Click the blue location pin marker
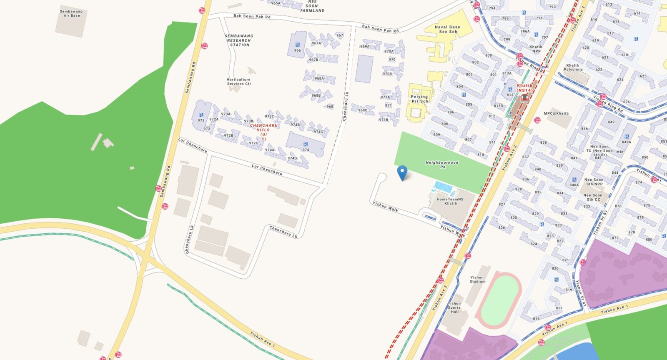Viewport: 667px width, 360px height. pos(402,172)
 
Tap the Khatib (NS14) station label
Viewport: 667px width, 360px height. pos(524,88)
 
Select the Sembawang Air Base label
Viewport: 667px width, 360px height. pos(71,13)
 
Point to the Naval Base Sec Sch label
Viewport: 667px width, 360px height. pos(447,29)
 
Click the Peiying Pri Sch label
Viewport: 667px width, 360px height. pos(419,99)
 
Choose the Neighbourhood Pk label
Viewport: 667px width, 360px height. pos(442,165)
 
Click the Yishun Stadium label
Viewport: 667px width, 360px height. pos(477,279)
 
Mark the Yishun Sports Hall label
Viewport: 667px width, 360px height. pos(454,307)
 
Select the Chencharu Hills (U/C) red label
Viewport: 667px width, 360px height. pos(263,132)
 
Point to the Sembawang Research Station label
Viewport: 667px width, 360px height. pos(239,40)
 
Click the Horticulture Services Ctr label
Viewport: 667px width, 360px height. pos(239,81)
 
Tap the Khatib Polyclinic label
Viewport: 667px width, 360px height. pos(573,67)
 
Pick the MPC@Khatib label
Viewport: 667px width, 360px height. pos(556,113)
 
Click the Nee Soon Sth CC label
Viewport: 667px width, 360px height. pos(592,197)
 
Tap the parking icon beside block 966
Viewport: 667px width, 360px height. pos(297,45)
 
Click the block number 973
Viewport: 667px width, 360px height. pos(201,120)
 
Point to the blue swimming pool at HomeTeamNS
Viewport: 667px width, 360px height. pos(444,187)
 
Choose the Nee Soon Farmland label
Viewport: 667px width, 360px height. pos(312,6)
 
